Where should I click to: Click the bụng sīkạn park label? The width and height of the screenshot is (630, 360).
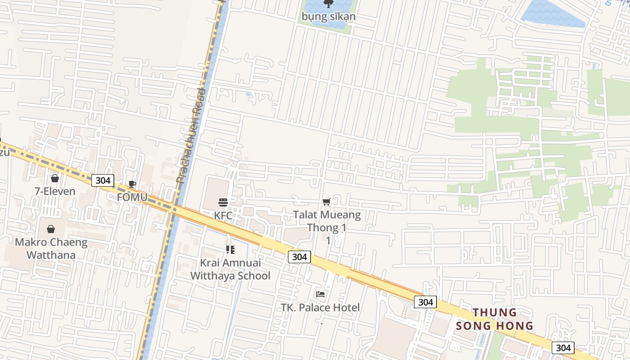click(x=328, y=17)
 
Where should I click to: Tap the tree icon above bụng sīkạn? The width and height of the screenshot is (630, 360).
click(x=328, y=4)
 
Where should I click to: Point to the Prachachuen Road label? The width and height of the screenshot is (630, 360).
click(x=191, y=135)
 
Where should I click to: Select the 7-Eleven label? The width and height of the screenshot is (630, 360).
click(x=55, y=191)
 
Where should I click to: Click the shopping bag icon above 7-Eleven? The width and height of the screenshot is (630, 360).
click(x=55, y=179)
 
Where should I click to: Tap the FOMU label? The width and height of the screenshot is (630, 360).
click(x=132, y=197)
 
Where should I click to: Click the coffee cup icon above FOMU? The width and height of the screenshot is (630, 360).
click(x=132, y=184)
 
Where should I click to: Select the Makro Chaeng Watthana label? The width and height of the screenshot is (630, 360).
click(x=51, y=248)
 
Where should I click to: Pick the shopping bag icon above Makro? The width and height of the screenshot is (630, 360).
click(x=51, y=229)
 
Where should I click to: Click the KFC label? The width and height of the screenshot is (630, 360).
click(x=223, y=216)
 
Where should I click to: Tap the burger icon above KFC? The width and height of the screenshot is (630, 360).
click(x=223, y=202)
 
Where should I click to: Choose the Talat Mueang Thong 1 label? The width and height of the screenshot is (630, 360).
click(x=327, y=221)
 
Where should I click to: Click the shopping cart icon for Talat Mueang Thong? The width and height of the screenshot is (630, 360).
click(x=327, y=202)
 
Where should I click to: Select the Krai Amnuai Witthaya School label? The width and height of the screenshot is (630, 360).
click(x=230, y=269)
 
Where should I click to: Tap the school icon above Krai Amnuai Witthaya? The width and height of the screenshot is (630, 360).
click(x=230, y=250)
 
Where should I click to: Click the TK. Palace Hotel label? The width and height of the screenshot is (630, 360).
click(x=320, y=308)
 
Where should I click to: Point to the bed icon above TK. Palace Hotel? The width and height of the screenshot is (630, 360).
click(x=320, y=294)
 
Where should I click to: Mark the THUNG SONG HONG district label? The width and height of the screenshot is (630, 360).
click(x=495, y=319)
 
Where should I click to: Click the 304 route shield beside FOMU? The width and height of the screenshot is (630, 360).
click(x=103, y=180)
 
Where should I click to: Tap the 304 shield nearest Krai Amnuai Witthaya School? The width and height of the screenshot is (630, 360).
click(x=299, y=257)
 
